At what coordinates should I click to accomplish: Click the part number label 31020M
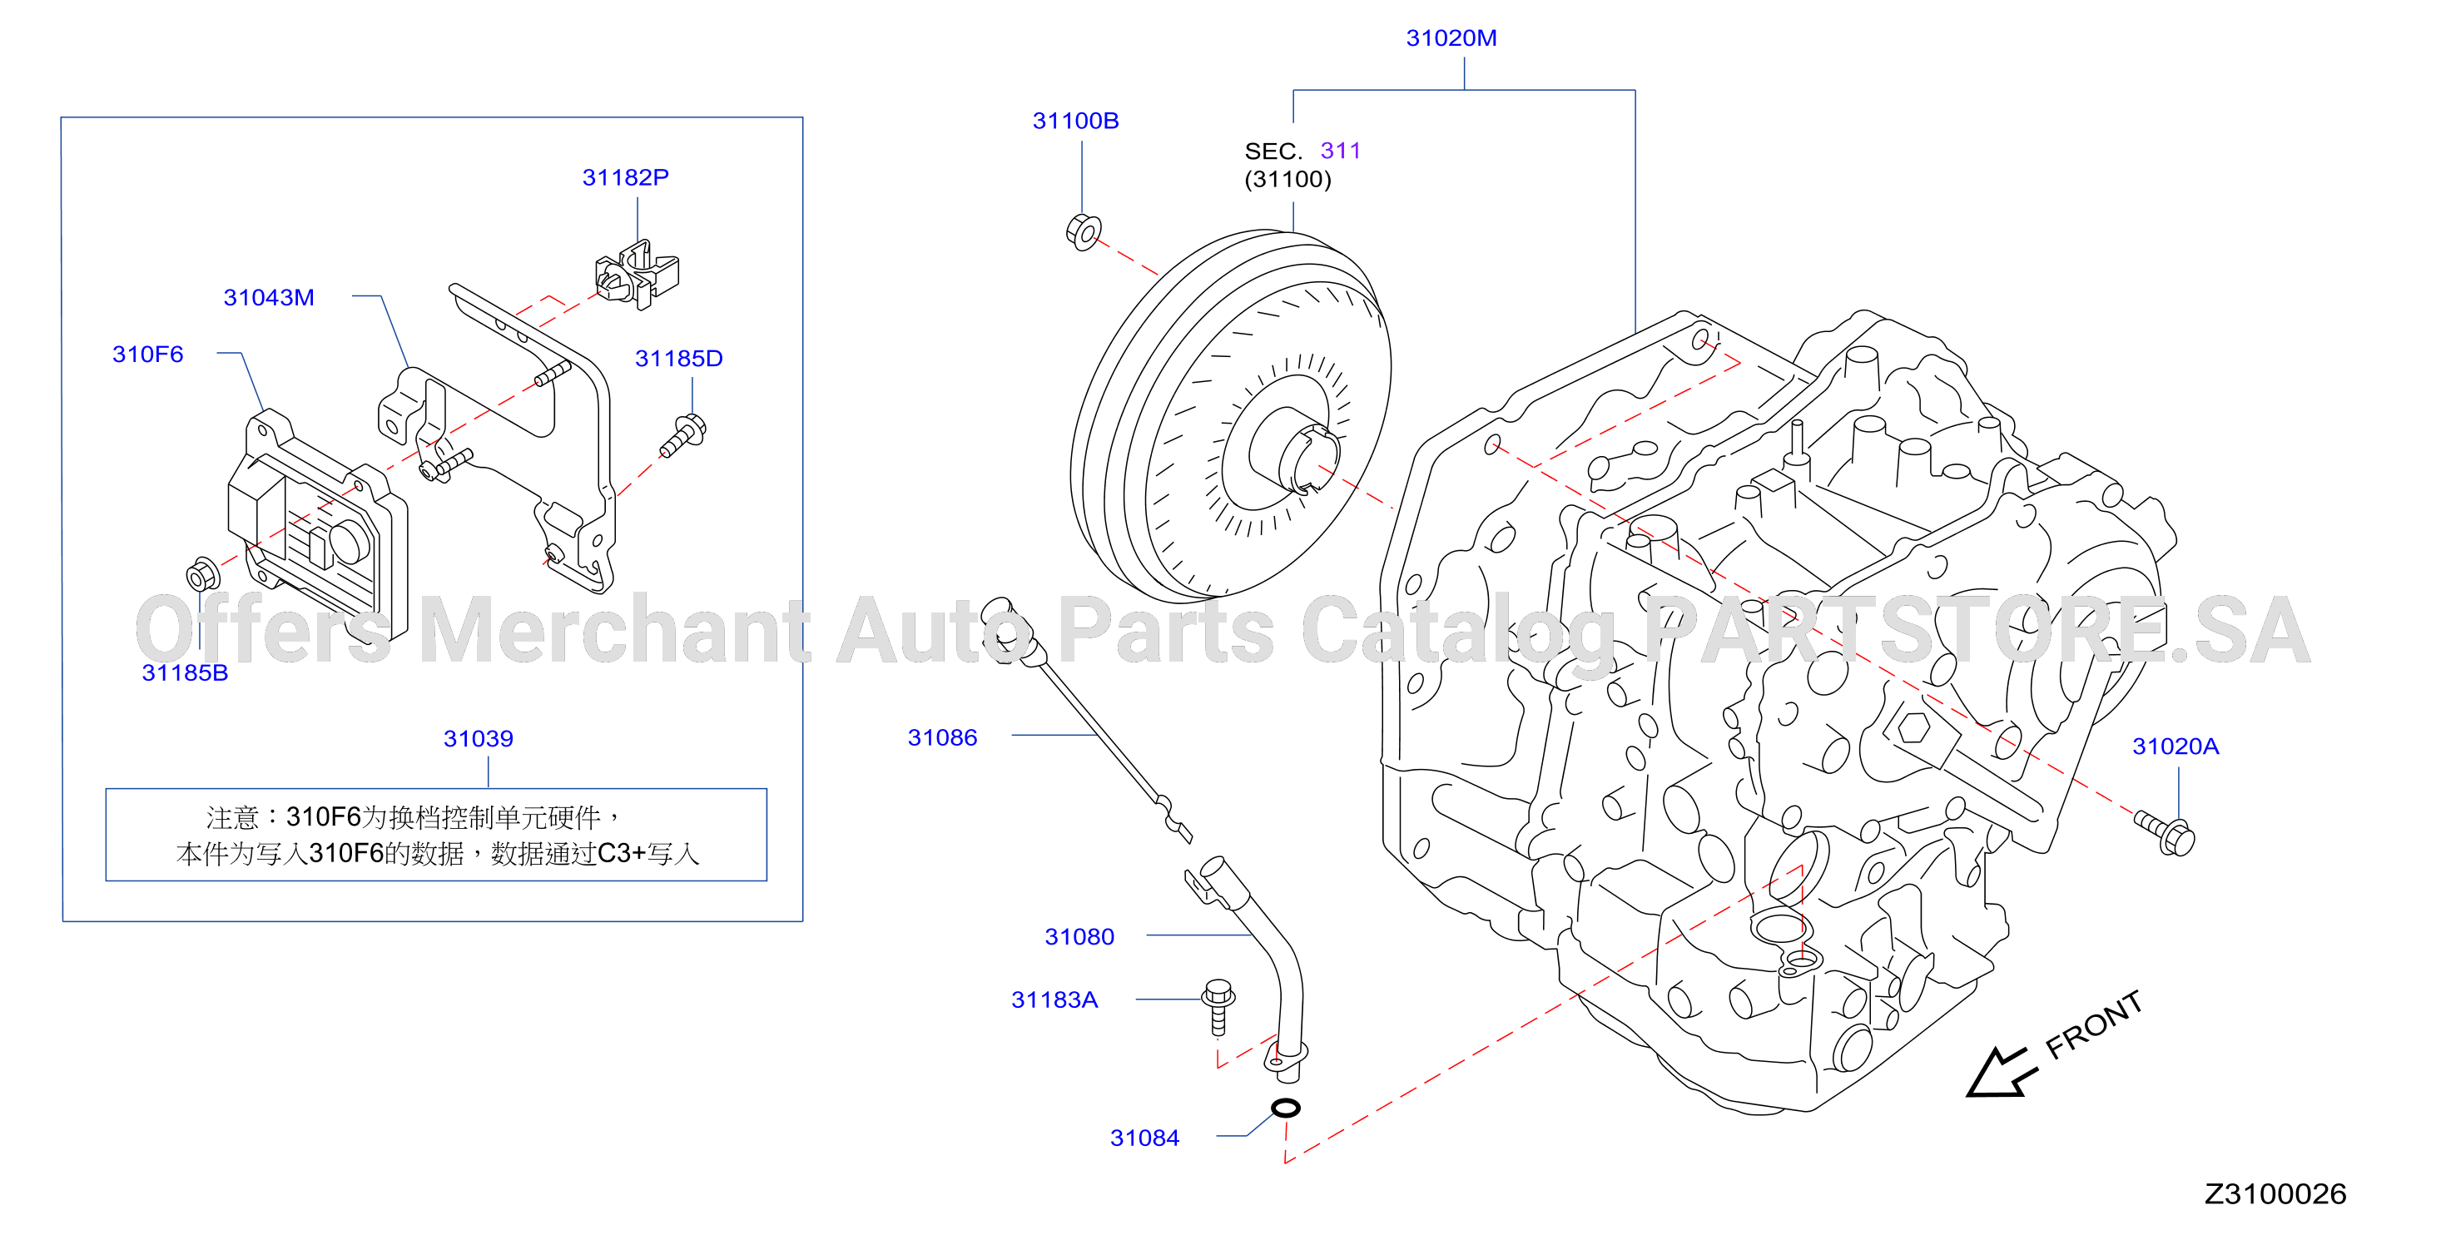pyautogui.click(x=1451, y=38)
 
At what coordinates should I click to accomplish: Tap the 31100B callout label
pyautogui.click(x=1075, y=121)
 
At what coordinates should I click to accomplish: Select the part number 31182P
pyautogui.click(x=625, y=177)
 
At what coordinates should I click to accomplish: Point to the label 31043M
pyautogui.click(x=268, y=298)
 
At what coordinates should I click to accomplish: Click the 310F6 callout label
pyautogui.click(x=148, y=355)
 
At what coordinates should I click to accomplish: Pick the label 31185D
pyautogui.click(x=678, y=359)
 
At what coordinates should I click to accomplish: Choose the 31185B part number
pyautogui.click(x=185, y=673)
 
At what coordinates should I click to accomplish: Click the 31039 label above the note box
pyautogui.click(x=479, y=738)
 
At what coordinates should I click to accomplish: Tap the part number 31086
pyautogui.click(x=942, y=737)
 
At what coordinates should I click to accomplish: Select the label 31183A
pyautogui.click(x=1054, y=1000)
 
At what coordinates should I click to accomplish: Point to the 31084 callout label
pyautogui.click(x=1144, y=1138)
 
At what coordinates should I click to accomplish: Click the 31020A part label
pyautogui.click(x=2176, y=746)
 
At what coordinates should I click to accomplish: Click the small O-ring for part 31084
pyautogui.click(x=1286, y=1107)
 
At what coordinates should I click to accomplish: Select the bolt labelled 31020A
pyautogui.click(x=2166, y=833)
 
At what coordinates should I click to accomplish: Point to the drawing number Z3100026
pyautogui.click(x=2275, y=1194)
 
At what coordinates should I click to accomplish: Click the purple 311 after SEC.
pyautogui.click(x=1340, y=151)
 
